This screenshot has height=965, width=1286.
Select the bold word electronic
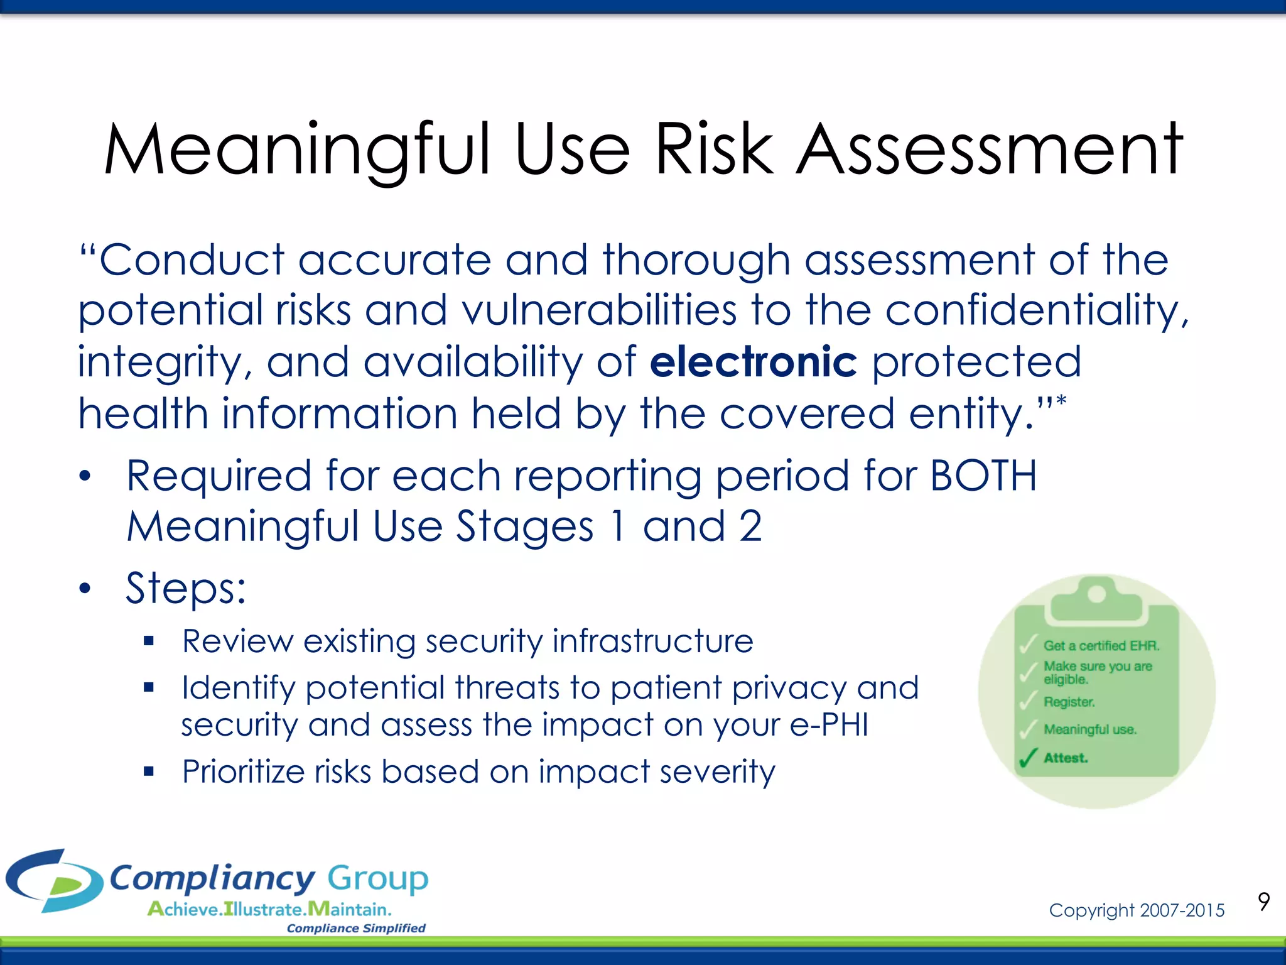click(753, 363)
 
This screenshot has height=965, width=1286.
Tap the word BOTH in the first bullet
click(983, 476)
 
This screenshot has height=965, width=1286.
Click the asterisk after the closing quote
click(1061, 401)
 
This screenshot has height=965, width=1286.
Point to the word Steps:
click(186, 589)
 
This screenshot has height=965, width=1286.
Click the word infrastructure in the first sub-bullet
click(652, 641)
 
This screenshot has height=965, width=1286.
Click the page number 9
click(1263, 902)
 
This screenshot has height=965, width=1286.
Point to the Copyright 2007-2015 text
click(1137, 910)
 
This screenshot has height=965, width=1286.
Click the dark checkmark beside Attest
click(1027, 758)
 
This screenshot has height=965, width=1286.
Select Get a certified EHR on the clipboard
click(1101, 646)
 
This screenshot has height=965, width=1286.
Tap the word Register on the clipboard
click(1069, 702)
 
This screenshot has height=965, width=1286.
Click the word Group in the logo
click(377, 878)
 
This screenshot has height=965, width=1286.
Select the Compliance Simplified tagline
click(356, 929)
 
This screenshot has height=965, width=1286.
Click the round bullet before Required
click(85, 476)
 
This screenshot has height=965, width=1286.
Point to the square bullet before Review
click(148, 641)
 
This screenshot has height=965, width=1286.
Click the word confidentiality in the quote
click(1037, 311)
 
